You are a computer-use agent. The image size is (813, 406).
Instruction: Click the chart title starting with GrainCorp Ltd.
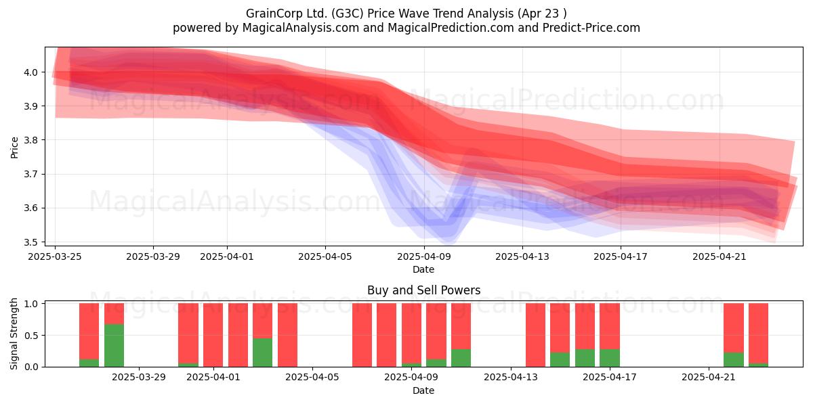click(406, 14)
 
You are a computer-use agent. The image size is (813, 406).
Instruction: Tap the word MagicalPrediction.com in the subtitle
click(451, 28)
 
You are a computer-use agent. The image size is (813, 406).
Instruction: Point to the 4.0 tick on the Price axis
click(31, 72)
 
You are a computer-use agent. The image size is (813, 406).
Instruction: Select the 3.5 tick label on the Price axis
click(31, 242)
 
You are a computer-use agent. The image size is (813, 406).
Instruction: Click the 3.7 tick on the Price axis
click(31, 175)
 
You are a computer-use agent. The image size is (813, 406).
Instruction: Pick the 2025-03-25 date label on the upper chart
click(55, 256)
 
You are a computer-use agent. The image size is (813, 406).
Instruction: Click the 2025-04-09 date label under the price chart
click(424, 256)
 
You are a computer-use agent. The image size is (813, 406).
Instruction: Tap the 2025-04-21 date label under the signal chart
click(709, 378)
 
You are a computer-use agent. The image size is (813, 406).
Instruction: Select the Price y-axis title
click(14, 148)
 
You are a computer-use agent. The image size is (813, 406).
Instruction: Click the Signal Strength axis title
click(14, 334)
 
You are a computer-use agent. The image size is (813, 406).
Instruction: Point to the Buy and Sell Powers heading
click(423, 290)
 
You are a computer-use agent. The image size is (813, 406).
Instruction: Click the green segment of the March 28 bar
click(114, 346)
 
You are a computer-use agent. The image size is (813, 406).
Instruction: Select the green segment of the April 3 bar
click(262, 353)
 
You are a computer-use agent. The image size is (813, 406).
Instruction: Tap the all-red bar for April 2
click(238, 335)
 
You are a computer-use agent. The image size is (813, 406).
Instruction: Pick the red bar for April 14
click(535, 335)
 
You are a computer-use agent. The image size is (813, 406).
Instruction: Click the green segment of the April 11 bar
click(461, 358)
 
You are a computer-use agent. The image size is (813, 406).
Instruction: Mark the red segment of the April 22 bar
click(734, 328)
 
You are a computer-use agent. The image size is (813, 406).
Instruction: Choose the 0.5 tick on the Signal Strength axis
click(31, 336)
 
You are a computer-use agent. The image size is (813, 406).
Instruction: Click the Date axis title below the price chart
click(423, 269)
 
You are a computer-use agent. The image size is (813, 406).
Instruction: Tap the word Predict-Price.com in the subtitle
click(591, 28)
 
